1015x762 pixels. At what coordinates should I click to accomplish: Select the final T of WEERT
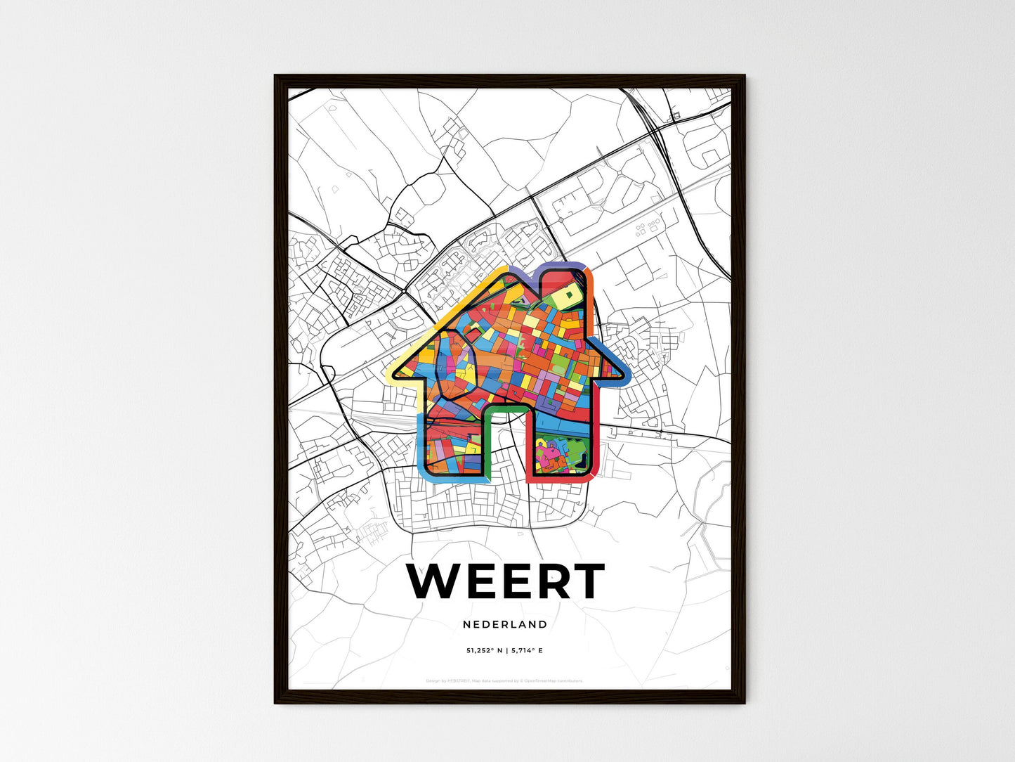585,581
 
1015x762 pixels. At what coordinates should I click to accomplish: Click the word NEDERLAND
505,624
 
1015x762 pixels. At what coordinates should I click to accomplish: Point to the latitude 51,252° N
484,651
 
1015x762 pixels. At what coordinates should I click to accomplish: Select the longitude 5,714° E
527,651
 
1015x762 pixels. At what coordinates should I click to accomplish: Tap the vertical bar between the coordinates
506,651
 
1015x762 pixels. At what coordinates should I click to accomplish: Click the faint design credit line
504,680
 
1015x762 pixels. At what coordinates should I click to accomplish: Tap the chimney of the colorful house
566,285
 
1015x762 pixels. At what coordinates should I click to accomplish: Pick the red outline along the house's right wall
598,422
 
